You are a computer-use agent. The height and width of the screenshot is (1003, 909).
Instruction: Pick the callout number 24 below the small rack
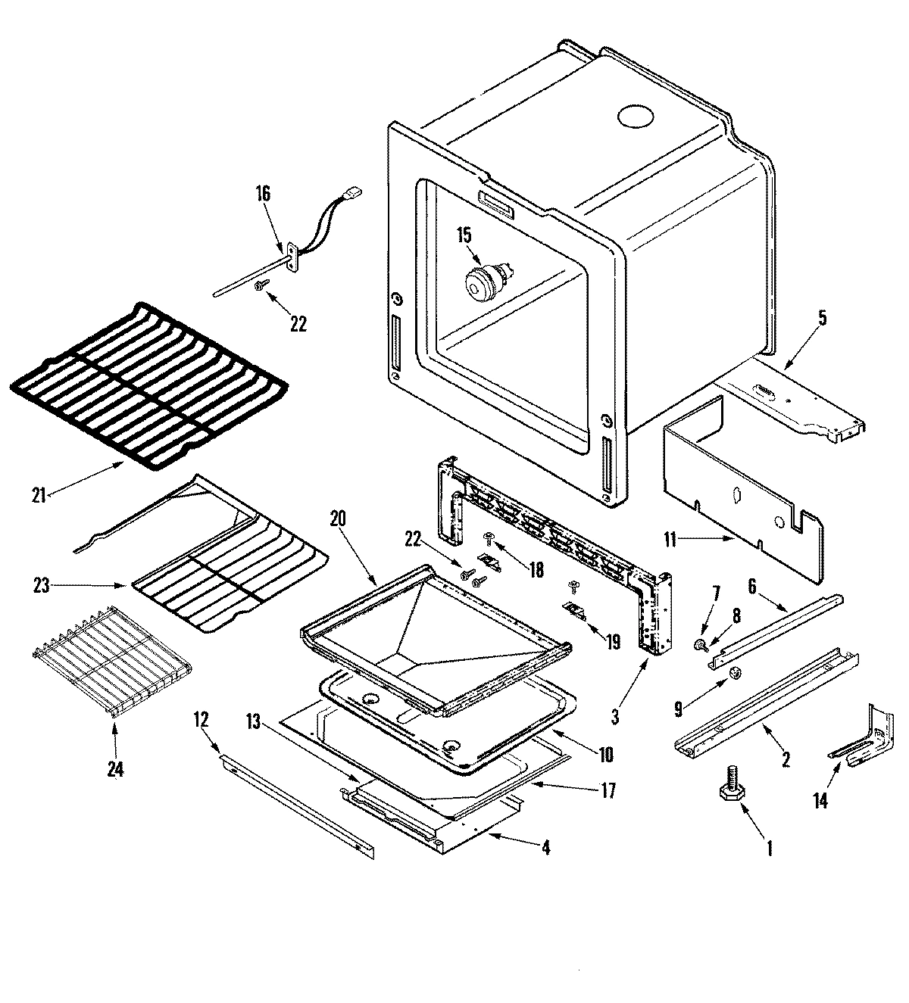114,770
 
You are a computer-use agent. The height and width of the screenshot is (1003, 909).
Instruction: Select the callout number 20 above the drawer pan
339,519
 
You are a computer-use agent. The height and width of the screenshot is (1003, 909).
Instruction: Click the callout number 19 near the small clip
611,642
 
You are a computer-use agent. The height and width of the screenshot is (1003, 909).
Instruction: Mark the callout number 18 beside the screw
536,569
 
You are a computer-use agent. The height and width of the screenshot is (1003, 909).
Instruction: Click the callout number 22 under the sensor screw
298,323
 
